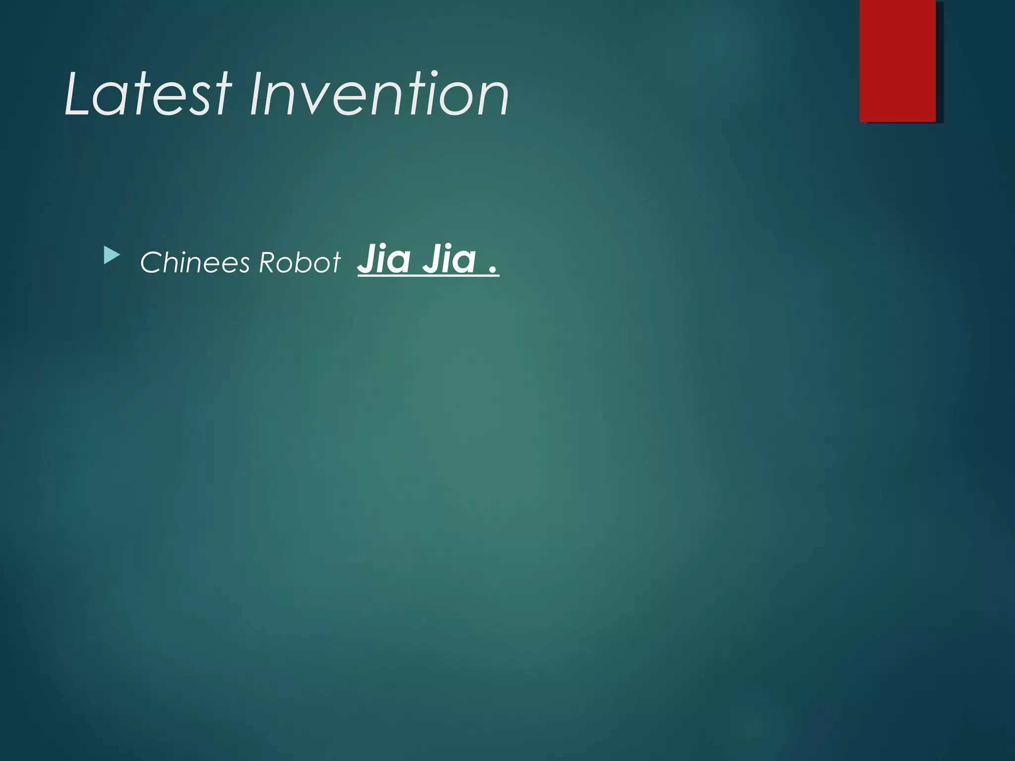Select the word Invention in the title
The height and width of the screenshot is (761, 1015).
tap(379, 94)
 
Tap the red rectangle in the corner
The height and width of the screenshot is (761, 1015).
tap(898, 60)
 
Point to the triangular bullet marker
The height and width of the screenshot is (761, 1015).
tap(112, 256)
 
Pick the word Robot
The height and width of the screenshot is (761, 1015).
tap(300, 262)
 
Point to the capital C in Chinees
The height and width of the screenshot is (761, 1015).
tap(150, 263)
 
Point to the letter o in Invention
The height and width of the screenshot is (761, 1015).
tap(451, 99)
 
